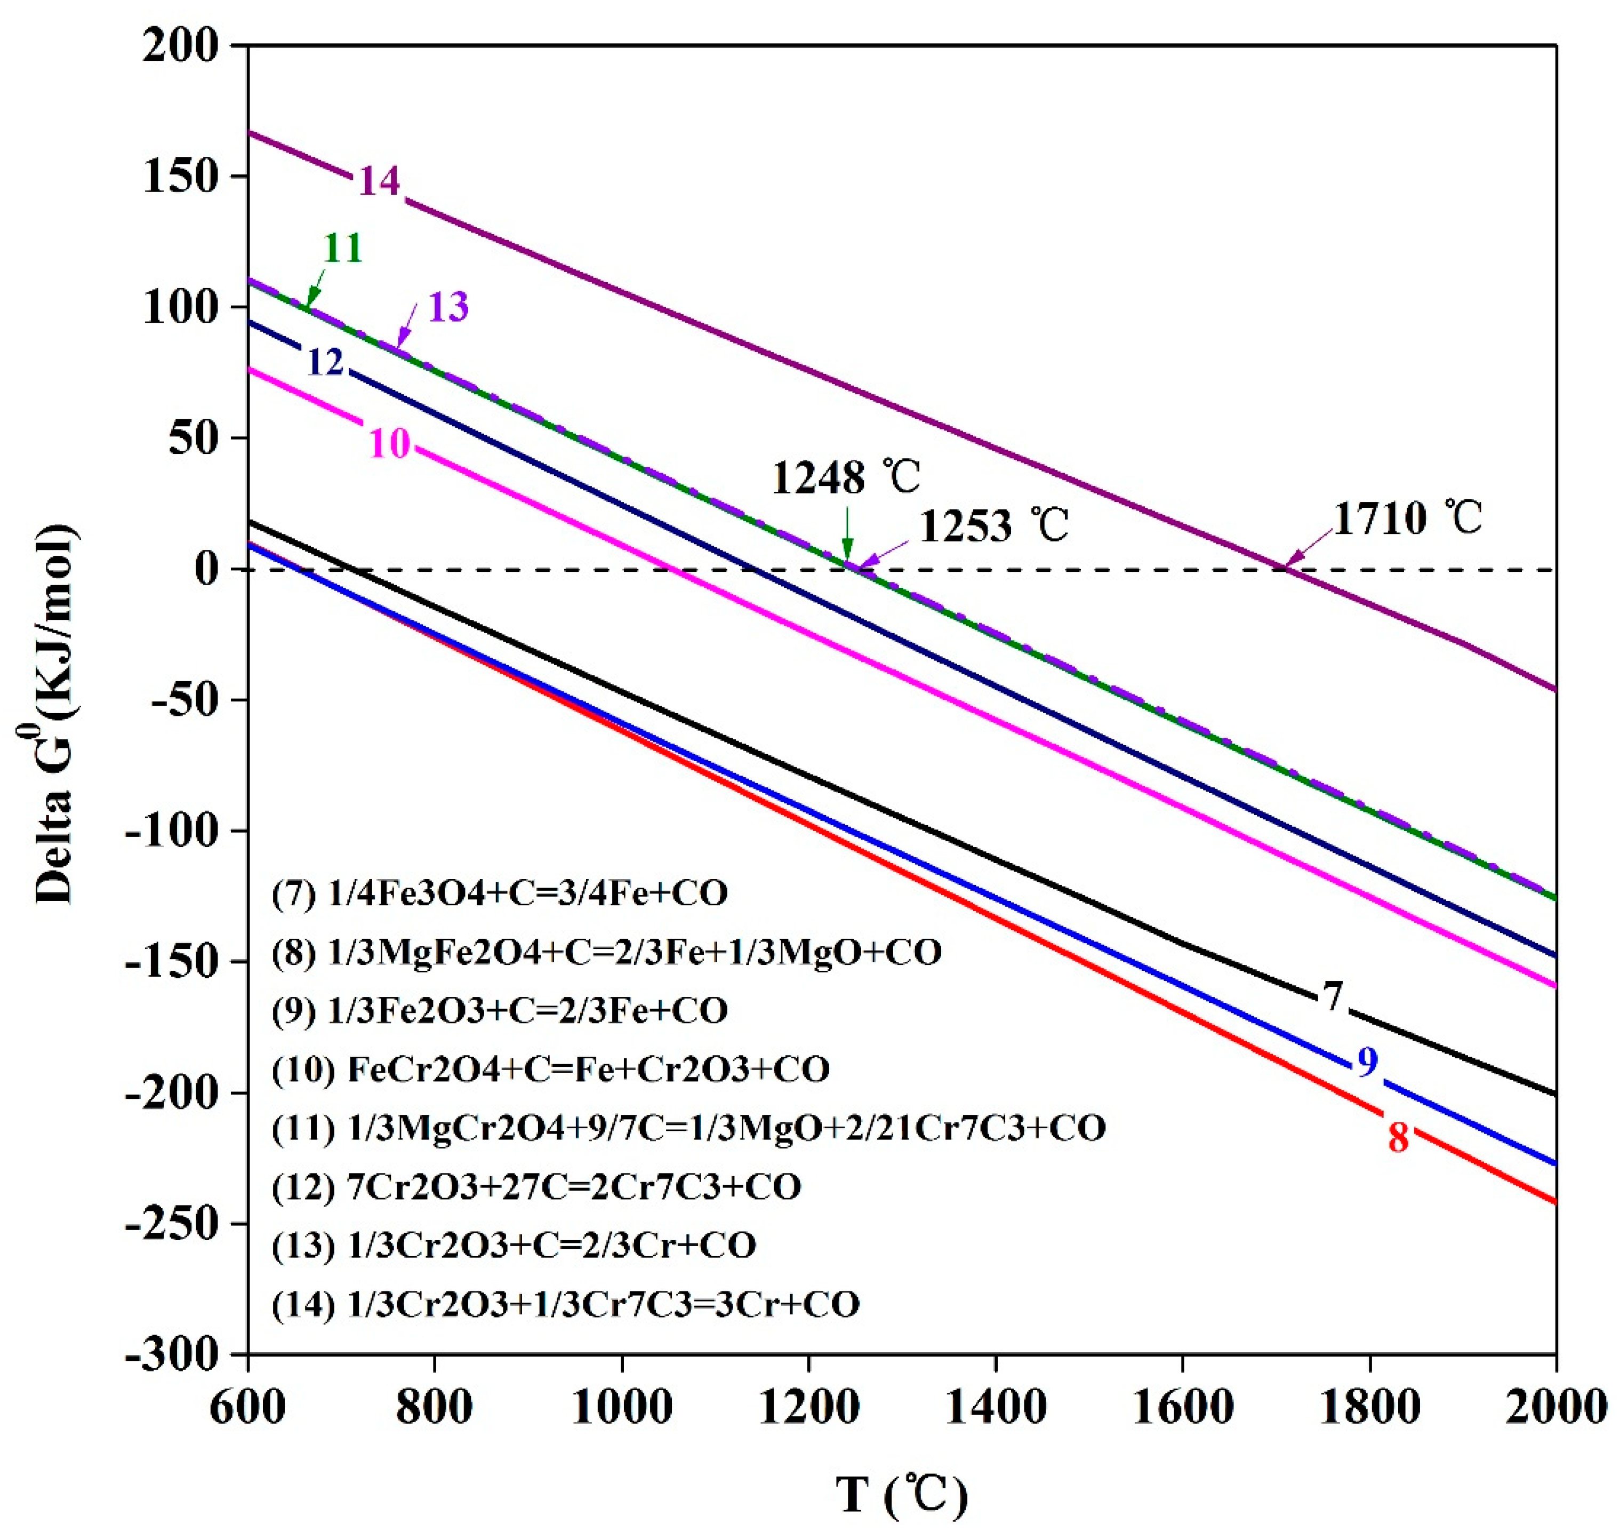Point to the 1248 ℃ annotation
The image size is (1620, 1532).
tap(846, 478)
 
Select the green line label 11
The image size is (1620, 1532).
tap(343, 248)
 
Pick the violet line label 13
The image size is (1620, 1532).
tap(448, 307)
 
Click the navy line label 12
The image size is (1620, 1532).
tap(325, 362)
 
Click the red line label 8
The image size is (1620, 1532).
tap(1398, 1138)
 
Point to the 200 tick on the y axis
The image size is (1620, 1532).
tap(181, 46)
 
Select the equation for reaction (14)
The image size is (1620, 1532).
tap(565, 1304)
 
